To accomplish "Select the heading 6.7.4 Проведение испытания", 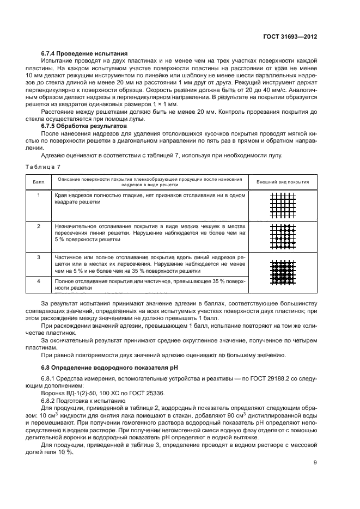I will tap(84, 54).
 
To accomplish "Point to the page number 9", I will tap(315, 463).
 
